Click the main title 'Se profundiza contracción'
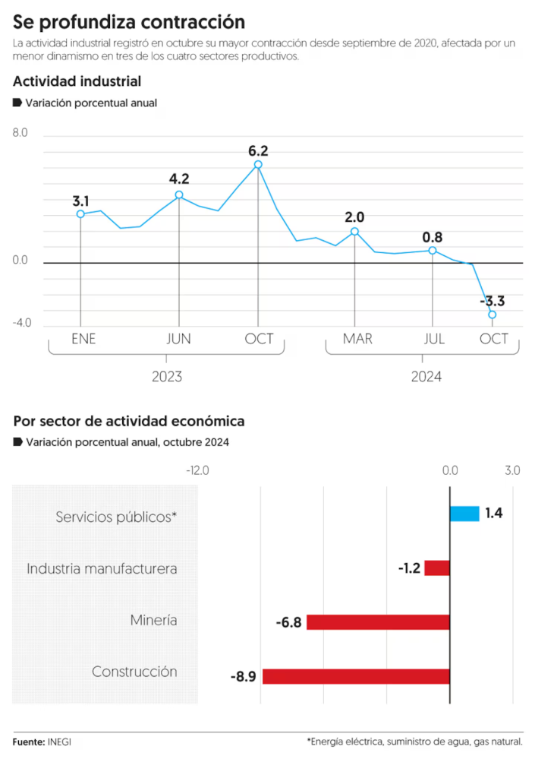(x=129, y=21)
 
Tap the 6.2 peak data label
(x=258, y=150)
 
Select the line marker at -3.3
(x=493, y=315)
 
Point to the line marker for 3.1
(x=80, y=214)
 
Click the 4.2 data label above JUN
(x=179, y=179)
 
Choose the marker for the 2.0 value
(x=354, y=232)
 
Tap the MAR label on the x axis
(x=357, y=339)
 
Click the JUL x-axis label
(x=435, y=339)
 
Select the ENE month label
(x=83, y=339)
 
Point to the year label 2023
(x=167, y=376)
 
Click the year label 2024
(x=426, y=376)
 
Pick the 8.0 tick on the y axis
(x=20, y=133)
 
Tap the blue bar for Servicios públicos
(x=464, y=514)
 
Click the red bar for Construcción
(x=356, y=676)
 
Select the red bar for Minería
(x=378, y=622)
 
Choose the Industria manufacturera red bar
(x=437, y=568)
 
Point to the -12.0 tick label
(x=197, y=470)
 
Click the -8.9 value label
(x=243, y=676)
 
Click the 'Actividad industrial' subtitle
(x=77, y=81)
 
